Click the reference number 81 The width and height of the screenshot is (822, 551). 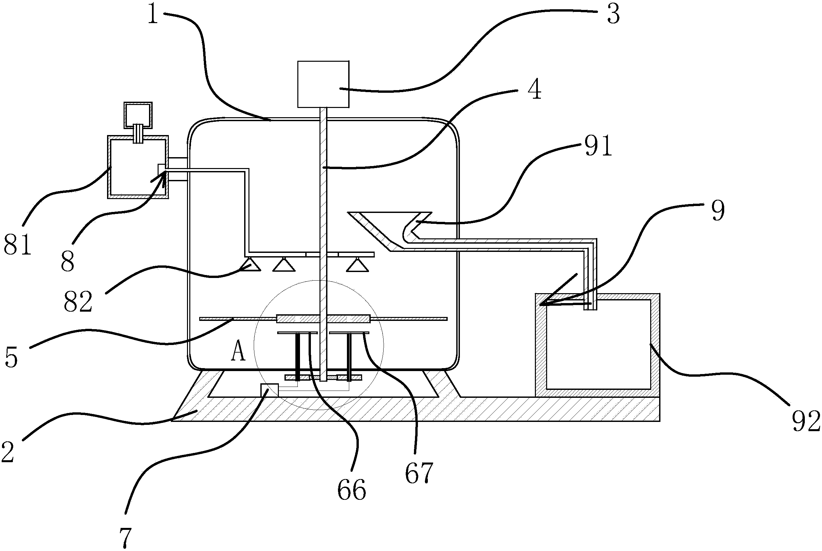pyautogui.click(x=18, y=245)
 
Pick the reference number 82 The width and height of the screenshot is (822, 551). pyautogui.click(x=78, y=301)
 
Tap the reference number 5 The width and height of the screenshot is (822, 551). pyautogui.click(x=11, y=358)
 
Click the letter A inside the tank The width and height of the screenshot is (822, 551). pyautogui.click(x=238, y=352)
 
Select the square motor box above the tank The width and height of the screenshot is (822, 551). pyautogui.click(x=323, y=84)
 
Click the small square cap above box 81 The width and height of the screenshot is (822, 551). pyautogui.click(x=138, y=115)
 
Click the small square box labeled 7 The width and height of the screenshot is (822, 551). pyautogui.click(x=269, y=390)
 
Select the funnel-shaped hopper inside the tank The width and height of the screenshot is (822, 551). pyautogui.click(x=389, y=225)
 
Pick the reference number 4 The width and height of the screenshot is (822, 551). pyautogui.click(x=535, y=89)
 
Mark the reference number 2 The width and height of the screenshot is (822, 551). pyautogui.click(x=8, y=452)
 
